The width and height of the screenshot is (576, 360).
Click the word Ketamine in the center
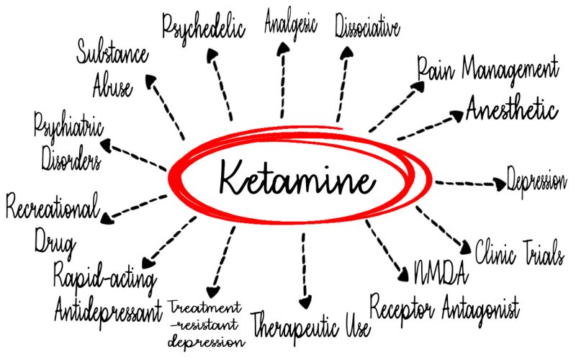point(295,177)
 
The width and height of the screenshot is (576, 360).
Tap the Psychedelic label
point(204,27)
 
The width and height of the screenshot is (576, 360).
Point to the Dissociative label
point(367,27)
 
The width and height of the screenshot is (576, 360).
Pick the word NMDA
point(441,272)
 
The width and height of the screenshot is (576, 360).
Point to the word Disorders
point(66,157)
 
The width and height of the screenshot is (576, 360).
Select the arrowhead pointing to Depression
point(501,184)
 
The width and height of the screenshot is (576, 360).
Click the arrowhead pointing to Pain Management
point(418,85)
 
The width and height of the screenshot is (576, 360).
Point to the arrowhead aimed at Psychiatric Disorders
point(106,145)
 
